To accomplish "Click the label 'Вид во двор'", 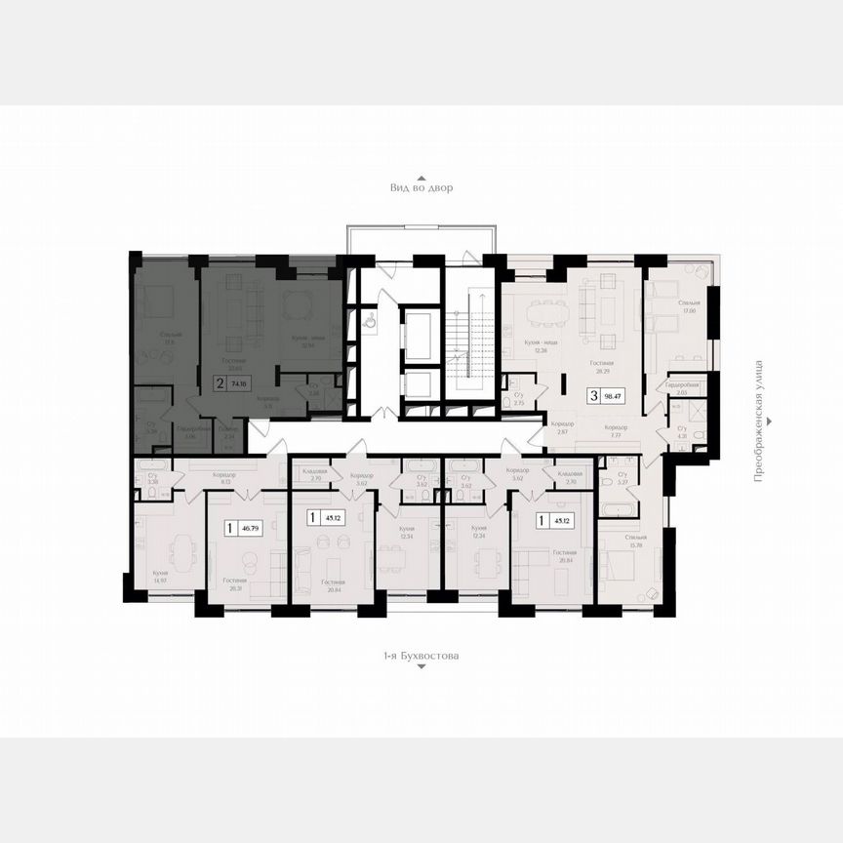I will [421, 186].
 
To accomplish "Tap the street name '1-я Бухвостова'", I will [421, 657].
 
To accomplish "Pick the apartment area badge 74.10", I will [230, 384].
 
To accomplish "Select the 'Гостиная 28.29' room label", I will [600, 366].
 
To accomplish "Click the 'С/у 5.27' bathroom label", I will [610, 477].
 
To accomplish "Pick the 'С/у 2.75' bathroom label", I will [519, 399].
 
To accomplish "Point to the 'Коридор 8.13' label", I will [226, 477].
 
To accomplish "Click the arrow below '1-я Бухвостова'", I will [421, 670].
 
